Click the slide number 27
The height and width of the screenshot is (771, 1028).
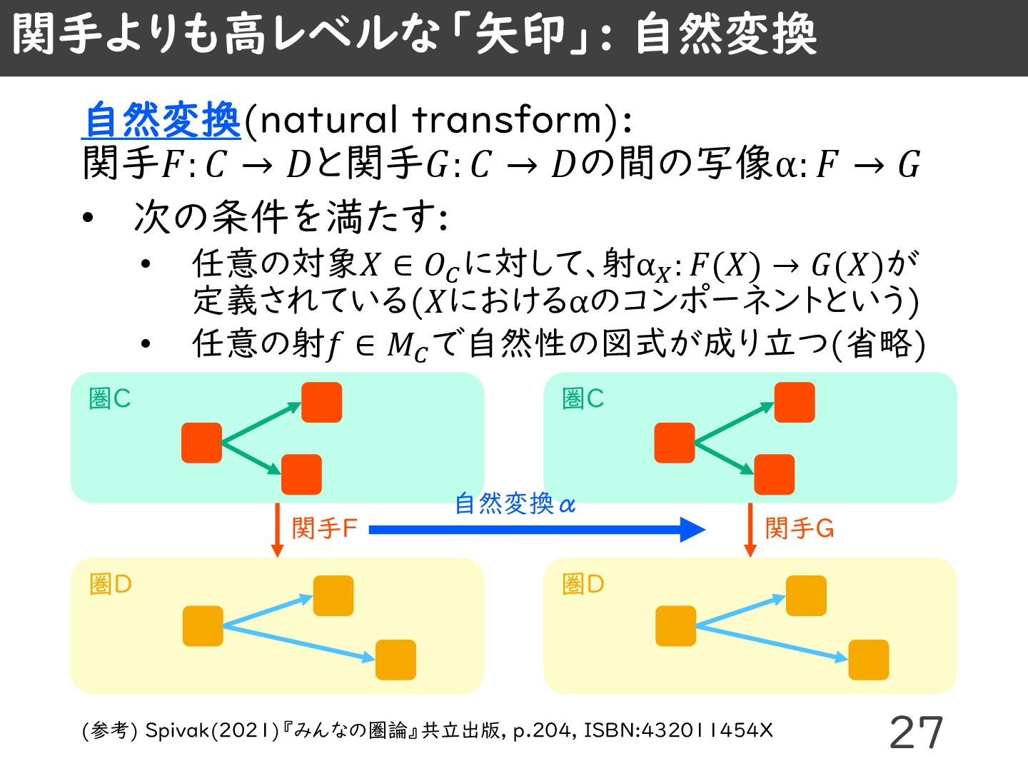pos(916,732)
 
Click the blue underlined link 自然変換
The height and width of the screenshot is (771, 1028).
pos(162,120)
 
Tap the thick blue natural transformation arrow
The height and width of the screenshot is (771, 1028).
pos(535,529)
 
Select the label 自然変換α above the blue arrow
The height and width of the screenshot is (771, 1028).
pos(515,504)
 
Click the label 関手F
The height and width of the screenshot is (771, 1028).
pos(324,529)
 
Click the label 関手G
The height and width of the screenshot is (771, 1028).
pos(799,529)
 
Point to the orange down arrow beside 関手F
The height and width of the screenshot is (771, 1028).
pos(278,530)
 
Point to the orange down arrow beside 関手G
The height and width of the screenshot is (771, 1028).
pos(750,530)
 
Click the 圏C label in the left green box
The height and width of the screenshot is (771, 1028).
pos(110,399)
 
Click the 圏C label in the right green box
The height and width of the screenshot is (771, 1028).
pos(583,399)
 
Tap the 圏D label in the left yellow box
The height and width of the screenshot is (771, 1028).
pos(111,585)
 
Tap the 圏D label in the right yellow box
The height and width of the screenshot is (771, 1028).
pos(583,585)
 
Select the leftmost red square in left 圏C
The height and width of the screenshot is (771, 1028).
pos(201,443)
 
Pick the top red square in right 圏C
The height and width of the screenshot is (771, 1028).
pos(795,402)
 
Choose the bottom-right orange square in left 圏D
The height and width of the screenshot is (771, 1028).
pos(395,660)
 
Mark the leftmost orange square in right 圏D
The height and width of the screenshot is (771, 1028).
pos(675,626)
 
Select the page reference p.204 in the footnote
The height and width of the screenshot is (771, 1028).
pos(542,730)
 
